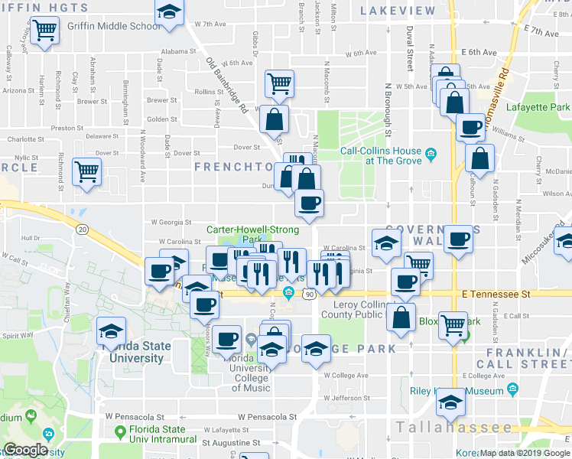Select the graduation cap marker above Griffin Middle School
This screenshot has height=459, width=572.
[x=169, y=12]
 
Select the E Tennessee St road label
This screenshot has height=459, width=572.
[x=495, y=294]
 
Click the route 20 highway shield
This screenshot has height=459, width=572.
[x=82, y=228]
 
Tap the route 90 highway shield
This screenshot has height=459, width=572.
[x=309, y=294]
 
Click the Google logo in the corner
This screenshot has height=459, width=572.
[x=25, y=450]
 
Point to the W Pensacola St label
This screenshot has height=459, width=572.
[x=266, y=417]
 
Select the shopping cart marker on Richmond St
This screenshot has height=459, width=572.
[x=86, y=171]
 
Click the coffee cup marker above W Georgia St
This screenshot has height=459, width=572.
[x=309, y=203]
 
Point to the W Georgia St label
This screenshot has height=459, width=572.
[x=171, y=222]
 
